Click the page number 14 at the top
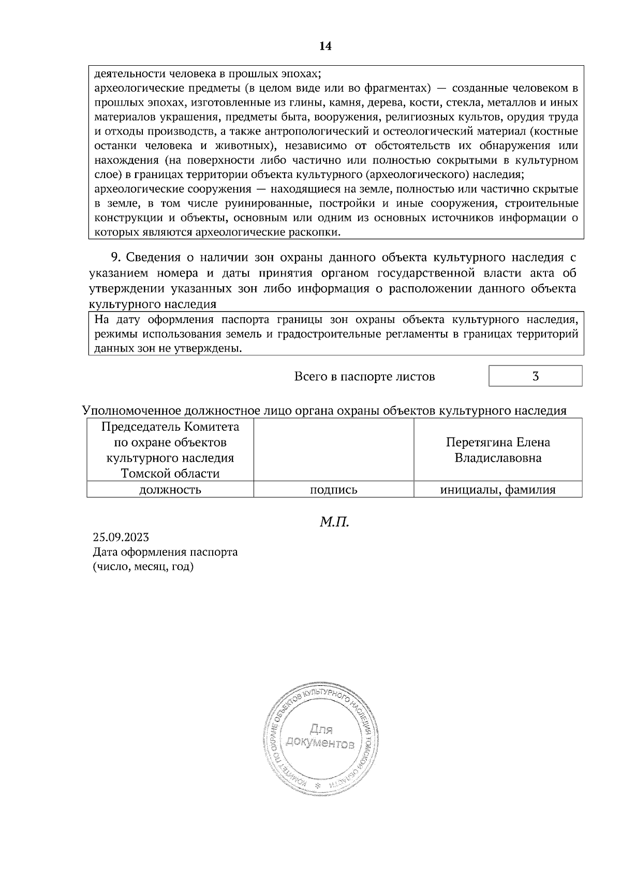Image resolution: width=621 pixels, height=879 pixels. point(325,46)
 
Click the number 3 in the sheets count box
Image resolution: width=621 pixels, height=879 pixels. point(536,376)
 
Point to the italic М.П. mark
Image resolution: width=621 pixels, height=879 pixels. point(334,522)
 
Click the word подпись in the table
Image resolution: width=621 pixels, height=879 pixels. point(333,490)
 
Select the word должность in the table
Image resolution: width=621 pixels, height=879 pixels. point(170,490)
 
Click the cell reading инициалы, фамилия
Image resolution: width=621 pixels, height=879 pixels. point(498,490)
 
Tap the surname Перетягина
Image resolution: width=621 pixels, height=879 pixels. point(479,443)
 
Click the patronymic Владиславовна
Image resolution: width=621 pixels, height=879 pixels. point(498,458)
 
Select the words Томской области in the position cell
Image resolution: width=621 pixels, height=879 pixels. point(170,474)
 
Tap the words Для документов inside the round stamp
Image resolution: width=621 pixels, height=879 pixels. point(320,737)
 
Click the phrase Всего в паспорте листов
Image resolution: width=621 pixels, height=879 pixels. point(364,377)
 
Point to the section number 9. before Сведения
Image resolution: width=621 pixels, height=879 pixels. point(116,257)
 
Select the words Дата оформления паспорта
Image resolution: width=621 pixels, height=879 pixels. point(165,552)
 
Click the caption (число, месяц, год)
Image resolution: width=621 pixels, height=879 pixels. point(143,567)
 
